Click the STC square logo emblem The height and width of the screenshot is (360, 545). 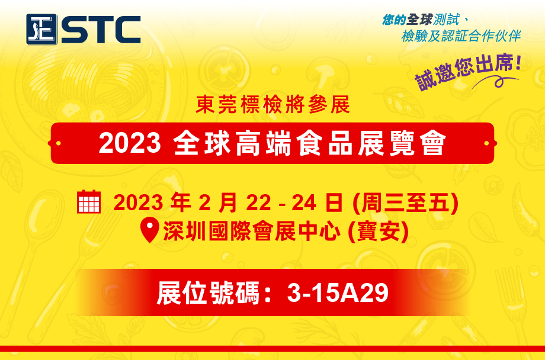coord(41,30)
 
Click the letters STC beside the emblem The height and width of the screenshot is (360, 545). coord(101,30)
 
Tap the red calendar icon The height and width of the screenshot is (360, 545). coord(89,201)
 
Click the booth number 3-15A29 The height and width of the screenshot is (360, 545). coord(338,293)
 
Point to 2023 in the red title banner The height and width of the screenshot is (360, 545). coord(130,143)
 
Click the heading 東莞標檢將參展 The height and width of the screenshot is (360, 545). coord(272,104)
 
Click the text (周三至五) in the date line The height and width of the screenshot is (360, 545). coord(405,202)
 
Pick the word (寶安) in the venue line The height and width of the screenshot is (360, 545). coord(378,231)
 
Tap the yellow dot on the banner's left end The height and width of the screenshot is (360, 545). coord(58,143)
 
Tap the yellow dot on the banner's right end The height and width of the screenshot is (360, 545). coord(486,143)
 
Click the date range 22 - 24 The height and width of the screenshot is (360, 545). coord(281,202)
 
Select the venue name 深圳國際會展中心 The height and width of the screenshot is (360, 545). coord(252,231)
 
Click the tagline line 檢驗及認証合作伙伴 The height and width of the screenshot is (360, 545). coord(461,36)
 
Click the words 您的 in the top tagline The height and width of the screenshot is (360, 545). coord(394,20)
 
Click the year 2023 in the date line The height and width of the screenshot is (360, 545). coord(138,202)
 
